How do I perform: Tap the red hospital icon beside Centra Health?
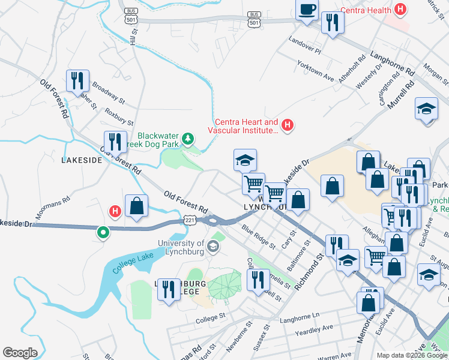[399, 10]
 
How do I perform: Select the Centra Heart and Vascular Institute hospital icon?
[288, 125]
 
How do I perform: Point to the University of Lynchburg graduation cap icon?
[212, 247]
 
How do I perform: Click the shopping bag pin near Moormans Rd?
[137, 206]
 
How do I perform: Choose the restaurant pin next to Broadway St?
[77, 80]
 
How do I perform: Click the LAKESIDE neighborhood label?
[82, 160]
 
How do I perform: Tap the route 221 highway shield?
[190, 221]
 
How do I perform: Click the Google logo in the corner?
[20, 353]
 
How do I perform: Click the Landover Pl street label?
[305, 44]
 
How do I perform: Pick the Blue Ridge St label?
[258, 237]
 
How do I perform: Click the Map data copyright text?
[412, 355]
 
